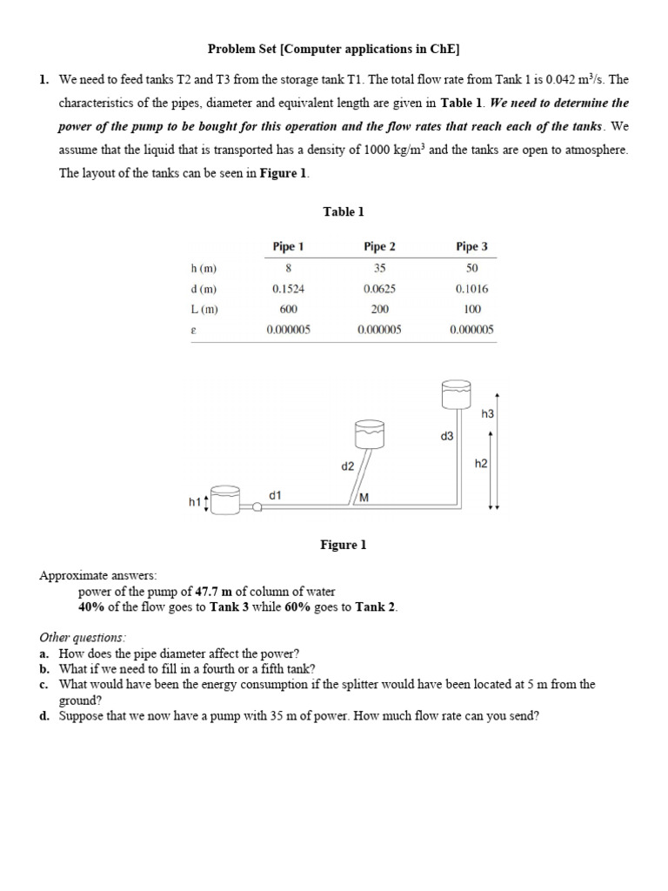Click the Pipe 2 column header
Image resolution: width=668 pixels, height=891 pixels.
379,246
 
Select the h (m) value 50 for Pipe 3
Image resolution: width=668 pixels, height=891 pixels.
471,268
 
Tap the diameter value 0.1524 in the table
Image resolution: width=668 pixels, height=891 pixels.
289,289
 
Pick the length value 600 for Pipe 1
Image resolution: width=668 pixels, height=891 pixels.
289,309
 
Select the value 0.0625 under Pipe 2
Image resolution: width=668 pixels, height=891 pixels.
379,289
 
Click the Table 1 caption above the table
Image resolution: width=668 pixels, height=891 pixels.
344,211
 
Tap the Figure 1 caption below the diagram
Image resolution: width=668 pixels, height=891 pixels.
344,545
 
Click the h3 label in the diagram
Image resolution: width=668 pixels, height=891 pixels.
487,414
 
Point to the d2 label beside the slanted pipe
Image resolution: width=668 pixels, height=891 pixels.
347,466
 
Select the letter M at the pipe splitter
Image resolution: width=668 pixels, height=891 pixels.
364,497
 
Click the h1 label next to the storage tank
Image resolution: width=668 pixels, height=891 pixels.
194,502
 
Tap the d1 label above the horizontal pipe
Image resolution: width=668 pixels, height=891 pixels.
275,494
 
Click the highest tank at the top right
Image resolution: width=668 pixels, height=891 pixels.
457,394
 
